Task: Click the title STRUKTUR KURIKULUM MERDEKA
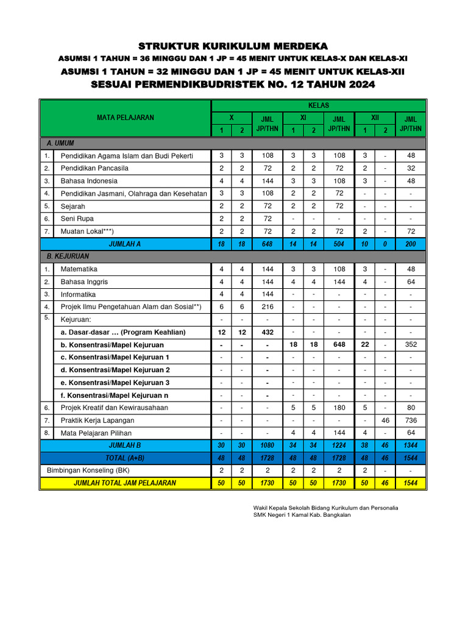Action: click(233, 46)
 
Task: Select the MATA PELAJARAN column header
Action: click(126, 118)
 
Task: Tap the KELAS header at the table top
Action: click(319, 105)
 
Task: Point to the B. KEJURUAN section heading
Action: click(68, 257)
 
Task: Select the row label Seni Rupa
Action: click(77, 219)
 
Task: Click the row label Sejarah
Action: click(73, 207)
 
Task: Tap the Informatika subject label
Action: click(78, 294)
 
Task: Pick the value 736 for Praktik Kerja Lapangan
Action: click(410, 420)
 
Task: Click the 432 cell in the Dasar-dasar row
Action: click(267, 332)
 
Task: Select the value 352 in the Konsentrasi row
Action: click(410, 345)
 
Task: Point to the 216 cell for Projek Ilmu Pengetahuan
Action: click(267, 307)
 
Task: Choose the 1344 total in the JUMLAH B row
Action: click(410, 445)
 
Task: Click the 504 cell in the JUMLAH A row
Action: click(339, 244)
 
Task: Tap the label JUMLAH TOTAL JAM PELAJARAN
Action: click(125, 483)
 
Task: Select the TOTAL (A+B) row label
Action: click(125, 458)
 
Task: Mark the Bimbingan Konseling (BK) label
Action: click(88, 470)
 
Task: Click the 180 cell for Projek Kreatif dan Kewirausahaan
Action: click(339, 408)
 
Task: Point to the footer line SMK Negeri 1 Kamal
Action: click(302, 515)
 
